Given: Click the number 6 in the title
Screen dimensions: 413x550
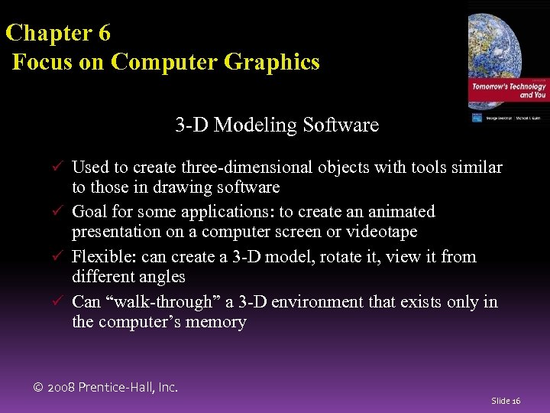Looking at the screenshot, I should click(104, 34).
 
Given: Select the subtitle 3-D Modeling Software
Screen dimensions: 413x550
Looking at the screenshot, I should click(277, 125).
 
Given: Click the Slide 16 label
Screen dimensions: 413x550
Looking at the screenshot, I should click(506, 401).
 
